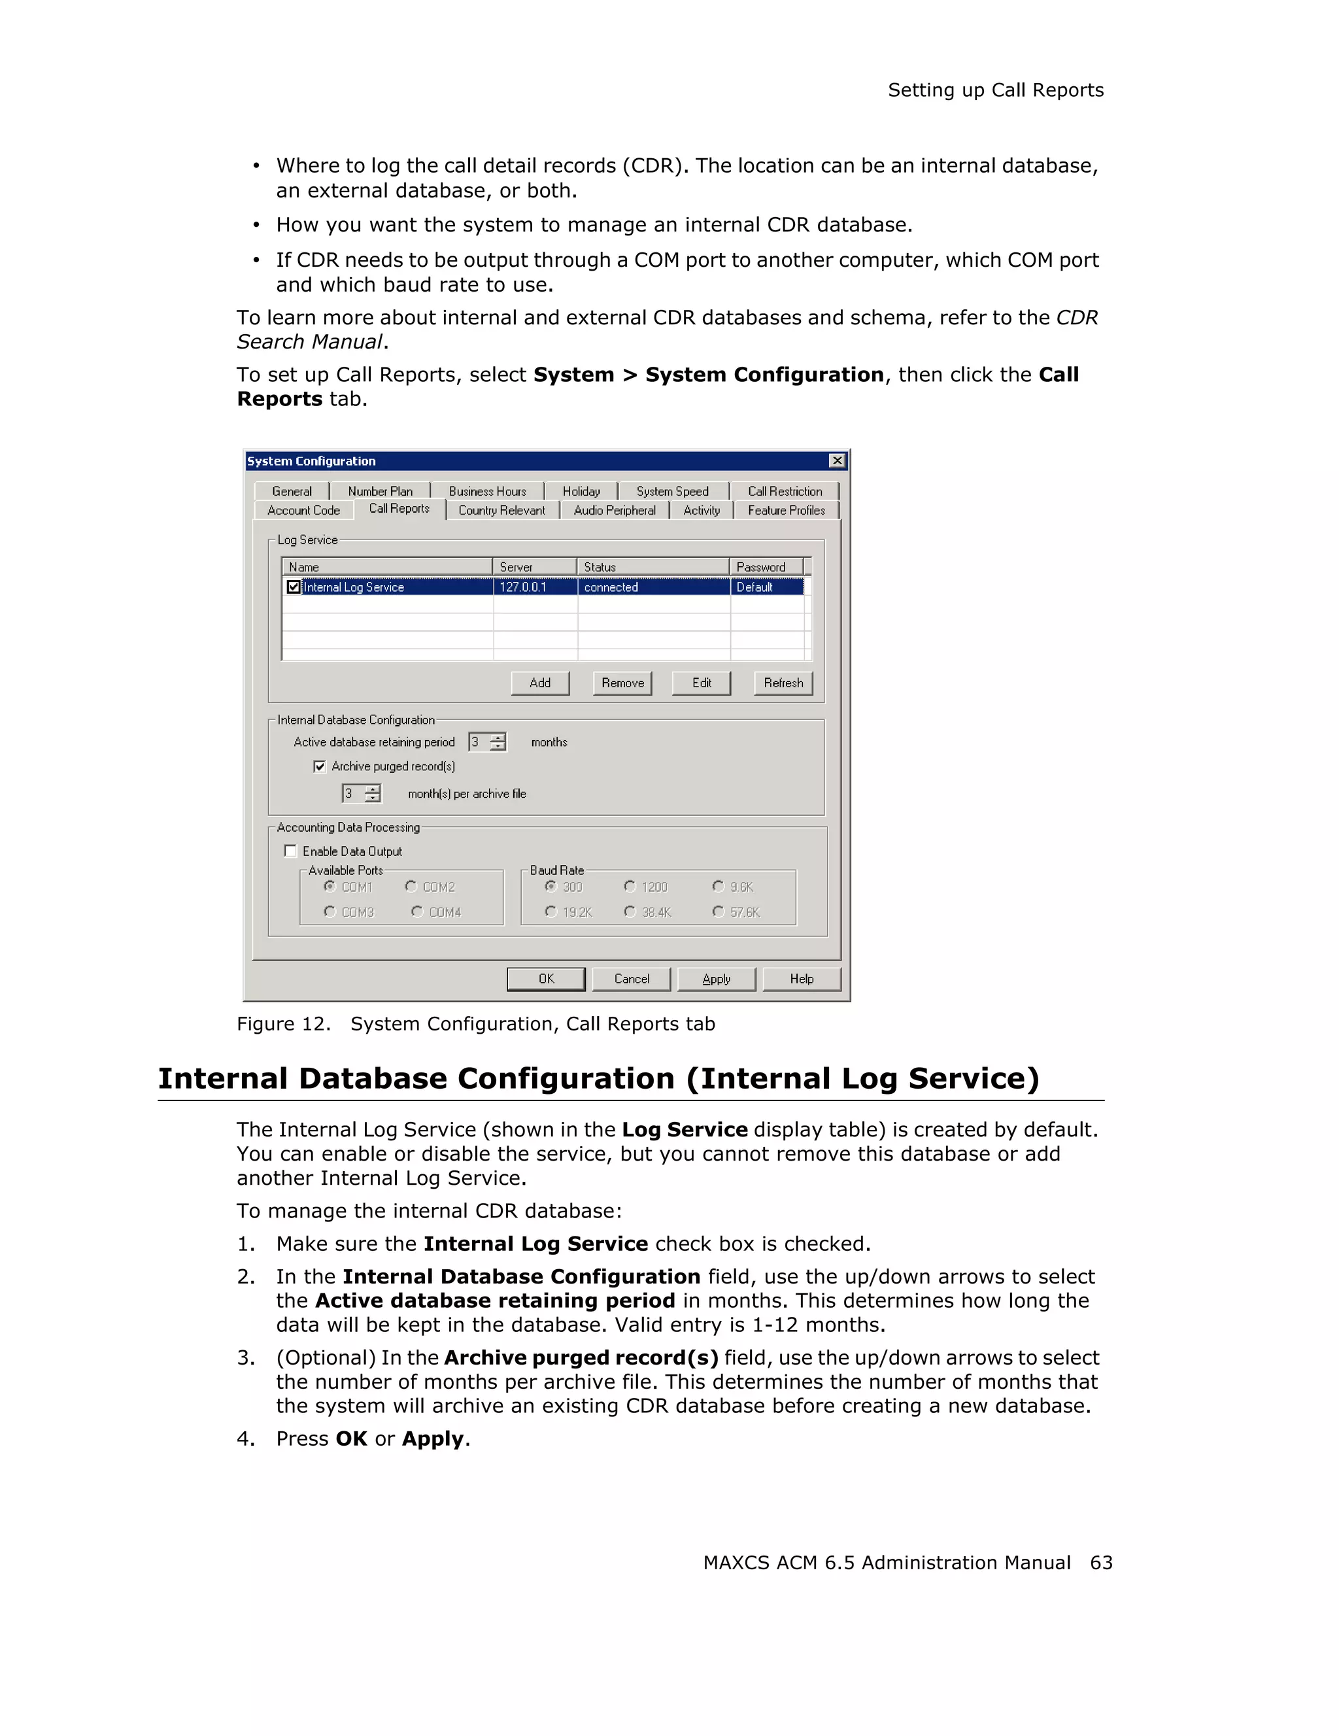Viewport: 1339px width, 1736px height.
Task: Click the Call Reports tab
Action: [399, 509]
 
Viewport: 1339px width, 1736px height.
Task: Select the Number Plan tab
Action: [380, 491]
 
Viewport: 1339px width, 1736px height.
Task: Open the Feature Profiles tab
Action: [786, 510]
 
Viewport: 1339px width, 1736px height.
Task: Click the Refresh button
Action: [783, 683]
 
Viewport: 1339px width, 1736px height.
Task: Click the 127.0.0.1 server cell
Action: [523, 587]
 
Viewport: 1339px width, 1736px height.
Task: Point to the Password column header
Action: [760, 567]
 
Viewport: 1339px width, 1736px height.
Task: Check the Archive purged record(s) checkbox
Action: [320, 766]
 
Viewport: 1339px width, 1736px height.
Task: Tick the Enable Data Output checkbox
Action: [291, 851]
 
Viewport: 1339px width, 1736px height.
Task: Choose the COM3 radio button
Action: [330, 911]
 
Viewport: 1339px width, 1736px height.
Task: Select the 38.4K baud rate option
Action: [630, 911]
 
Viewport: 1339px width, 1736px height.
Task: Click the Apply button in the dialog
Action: [716, 979]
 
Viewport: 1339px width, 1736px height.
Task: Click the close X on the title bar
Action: [837, 461]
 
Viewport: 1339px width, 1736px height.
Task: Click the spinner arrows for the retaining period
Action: [498, 742]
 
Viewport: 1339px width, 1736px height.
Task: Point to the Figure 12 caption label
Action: [283, 1024]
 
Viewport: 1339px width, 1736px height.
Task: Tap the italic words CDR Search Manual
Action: [311, 342]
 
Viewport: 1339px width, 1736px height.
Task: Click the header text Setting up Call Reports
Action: [995, 91]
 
